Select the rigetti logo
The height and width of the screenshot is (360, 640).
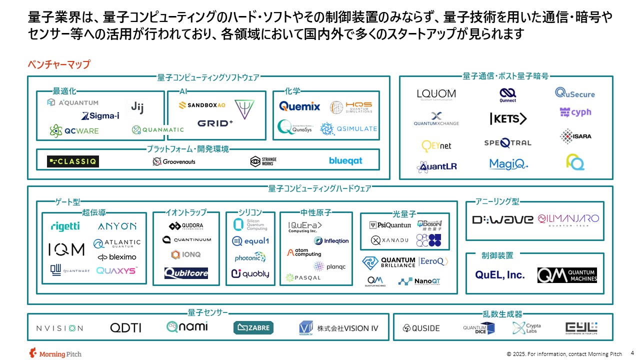click(x=65, y=226)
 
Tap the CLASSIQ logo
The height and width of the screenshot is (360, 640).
click(x=73, y=161)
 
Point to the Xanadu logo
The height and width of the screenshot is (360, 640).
click(x=390, y=240)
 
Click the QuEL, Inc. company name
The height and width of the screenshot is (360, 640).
click(x=499, y=275)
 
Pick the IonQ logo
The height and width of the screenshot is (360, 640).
click(x=185, y=254)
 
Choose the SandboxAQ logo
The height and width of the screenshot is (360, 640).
click(x=202, y=105)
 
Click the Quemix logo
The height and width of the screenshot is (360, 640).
click(x=299, y=106)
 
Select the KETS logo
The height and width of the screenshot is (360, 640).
click(x=508, y=119)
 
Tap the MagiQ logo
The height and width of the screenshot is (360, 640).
click(x=508, y=164)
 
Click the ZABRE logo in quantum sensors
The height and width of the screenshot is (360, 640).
click(x=253, y=328)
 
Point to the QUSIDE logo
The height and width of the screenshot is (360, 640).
click(x=421, y=328)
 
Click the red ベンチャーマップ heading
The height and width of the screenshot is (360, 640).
click(x=59, y=64)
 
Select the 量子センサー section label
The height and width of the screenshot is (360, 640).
click(x=207, y=313)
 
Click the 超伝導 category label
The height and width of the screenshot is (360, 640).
click(x=94, y=212)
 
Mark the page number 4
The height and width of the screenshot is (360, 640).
click(x=632, y=352)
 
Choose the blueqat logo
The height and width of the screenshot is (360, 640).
click(x=345, y=161)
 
